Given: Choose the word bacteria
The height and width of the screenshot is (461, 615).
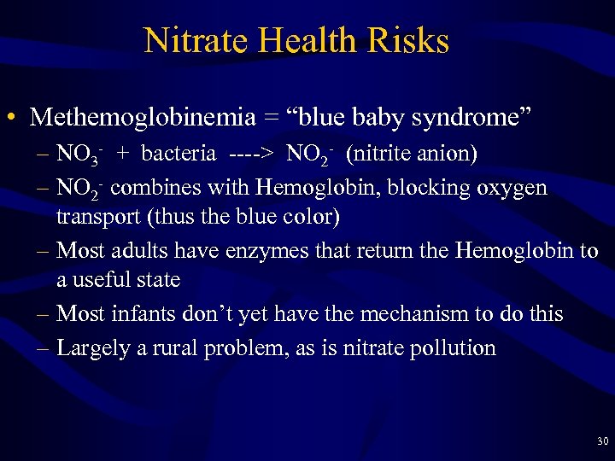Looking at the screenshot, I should click(x=179, y=154).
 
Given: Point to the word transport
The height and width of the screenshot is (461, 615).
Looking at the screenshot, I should click(x=99, y=218).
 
